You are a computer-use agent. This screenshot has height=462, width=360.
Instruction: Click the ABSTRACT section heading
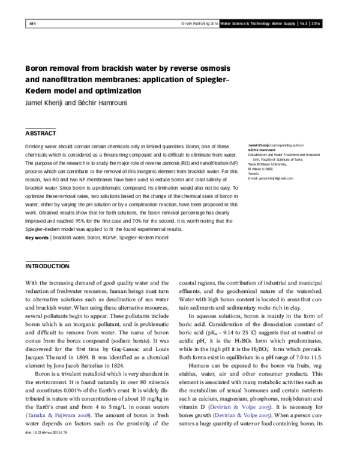coord(40,133)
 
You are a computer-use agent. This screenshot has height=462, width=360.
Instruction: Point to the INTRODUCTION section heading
coord(51,265)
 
